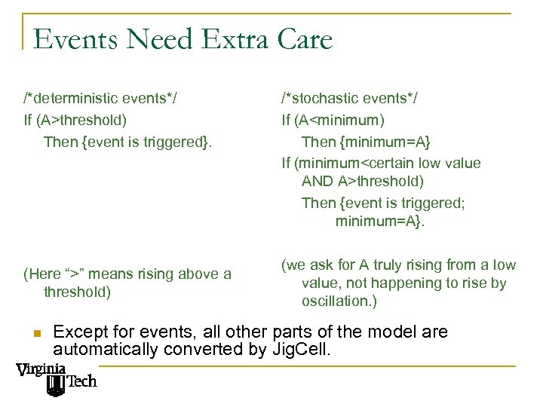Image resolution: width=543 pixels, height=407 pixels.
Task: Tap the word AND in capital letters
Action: [x=317, y=182]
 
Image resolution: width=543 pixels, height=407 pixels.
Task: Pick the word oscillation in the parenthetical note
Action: [x=338, y=301]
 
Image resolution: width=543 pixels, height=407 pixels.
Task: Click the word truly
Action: [x=401, y=265]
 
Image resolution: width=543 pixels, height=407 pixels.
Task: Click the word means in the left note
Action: [x=112, y=274]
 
